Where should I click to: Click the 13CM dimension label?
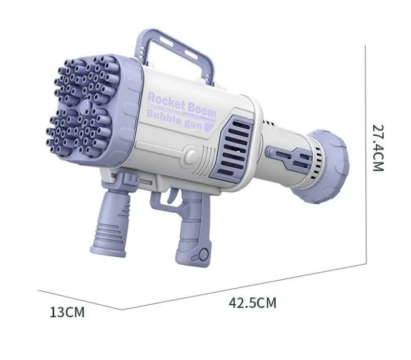tap(67, 312)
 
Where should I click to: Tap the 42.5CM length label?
tap(252, 303)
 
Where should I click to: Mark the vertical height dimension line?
tap(364, 154)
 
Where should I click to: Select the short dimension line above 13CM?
tap(80, 300)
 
